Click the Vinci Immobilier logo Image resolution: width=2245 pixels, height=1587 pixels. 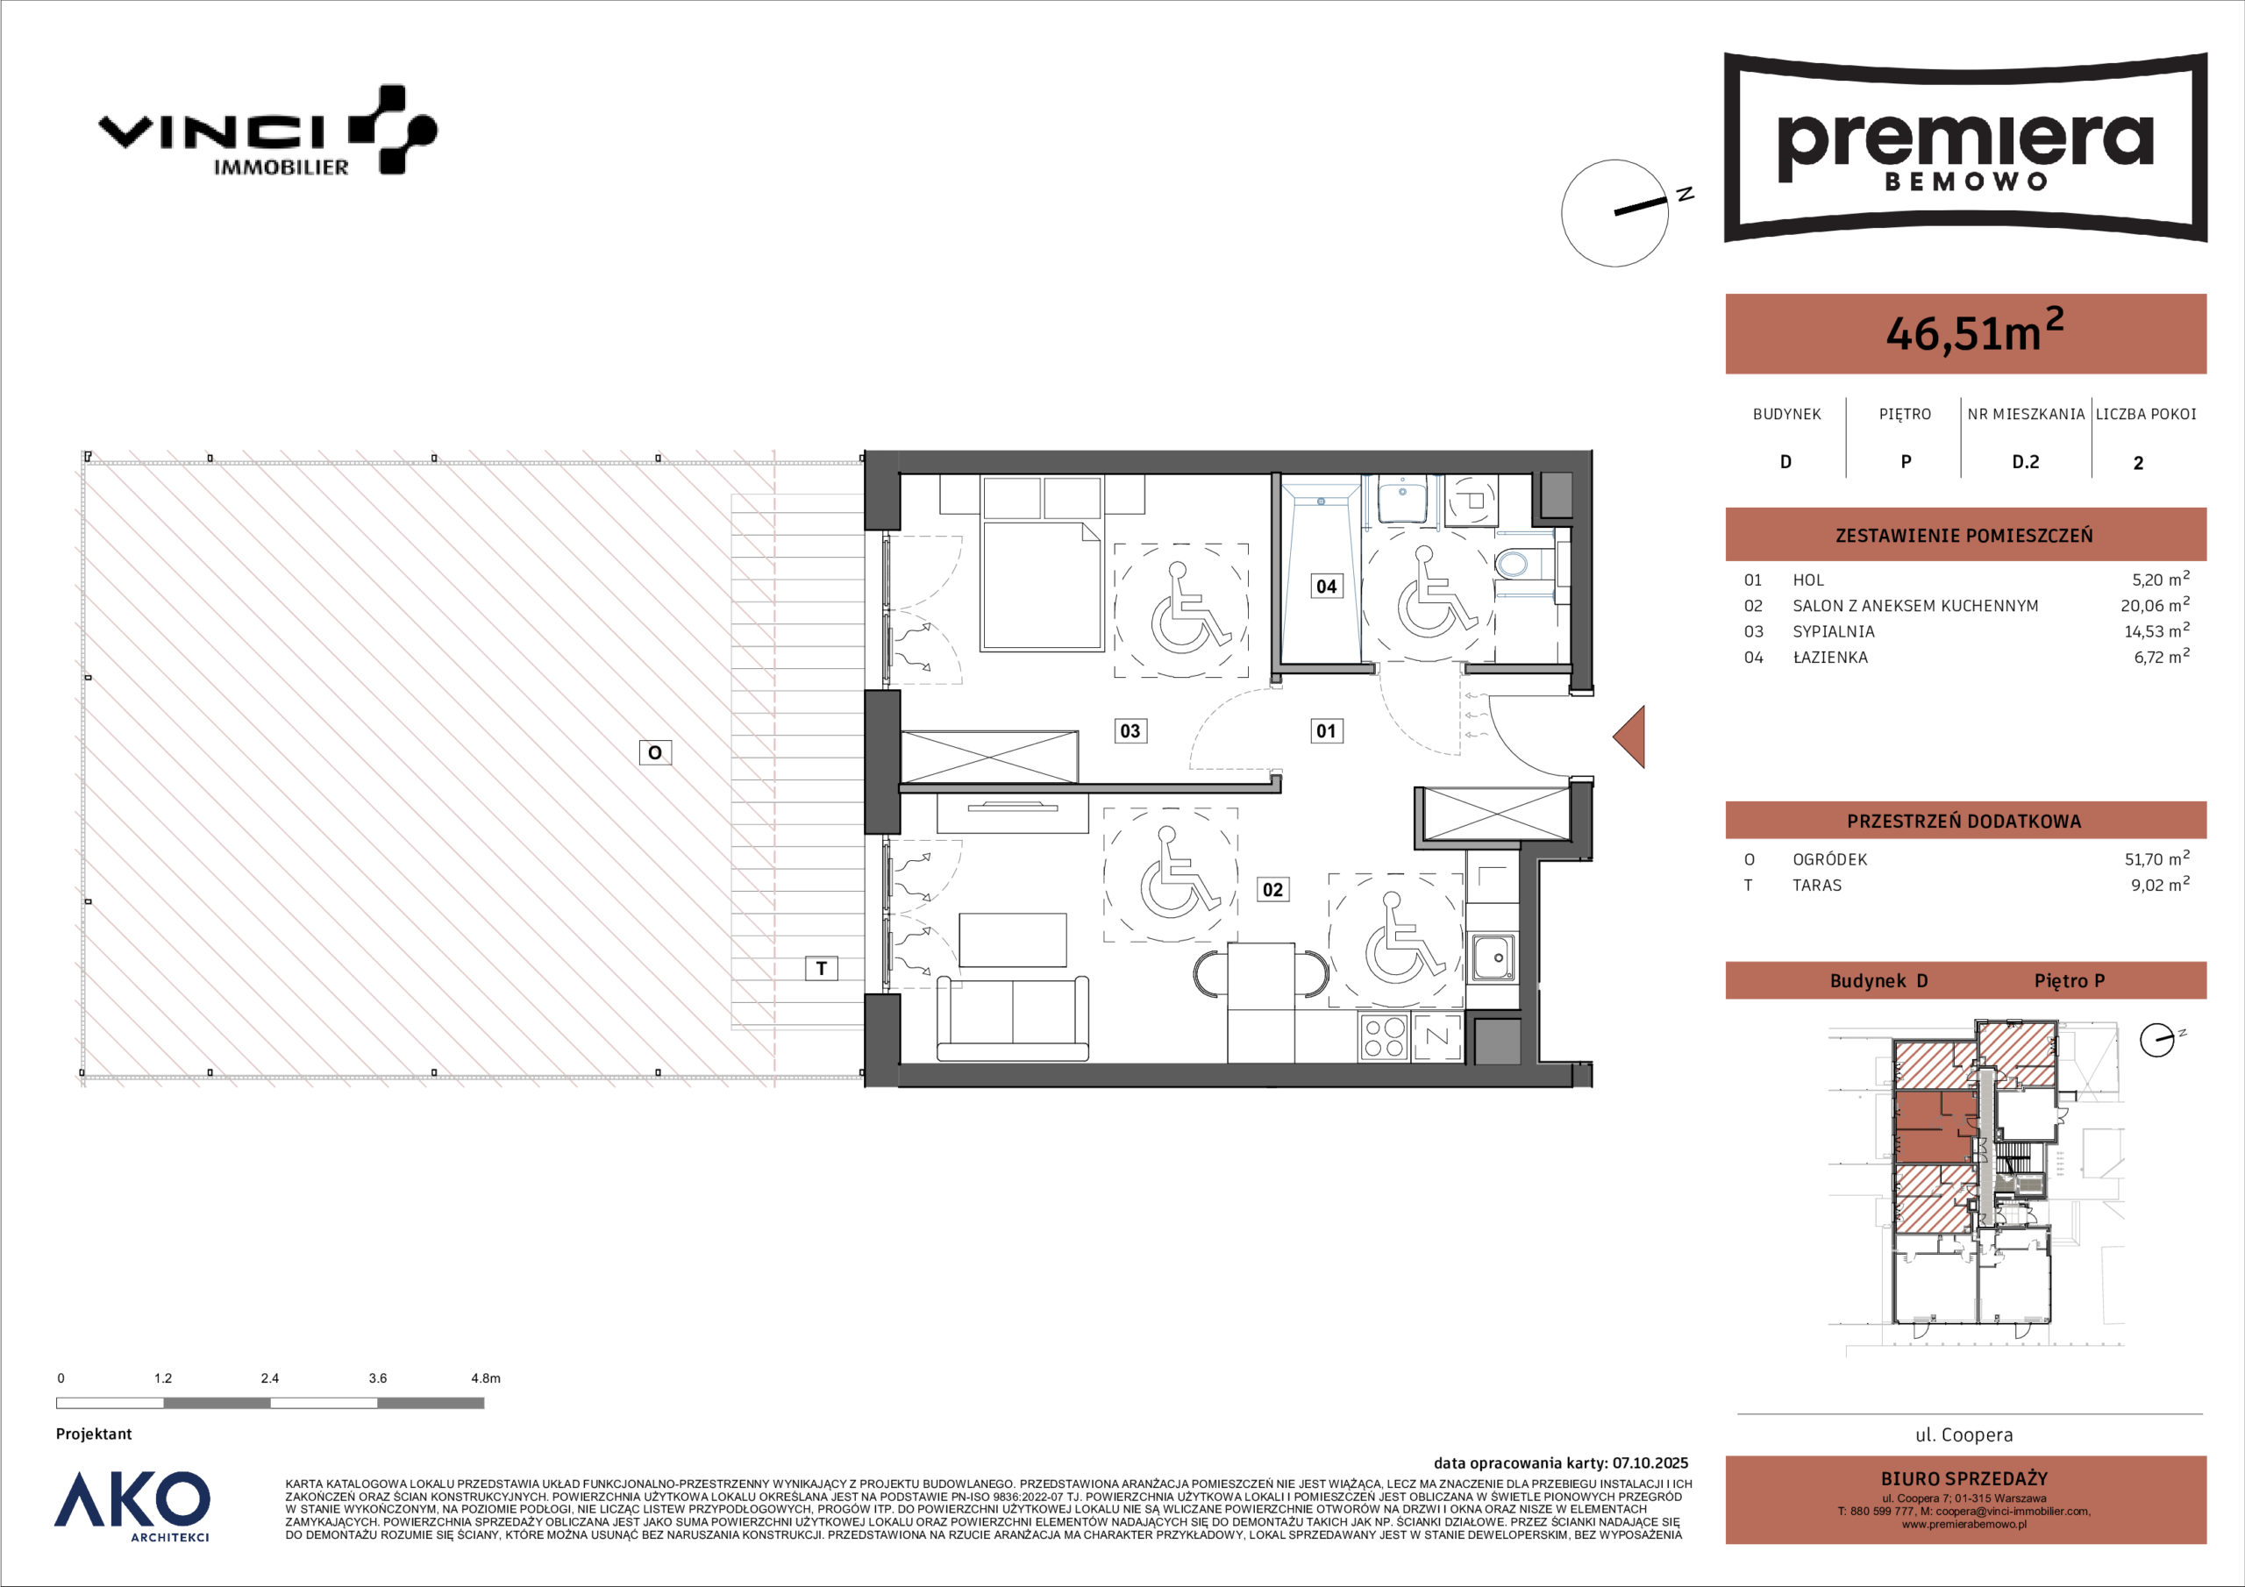click(x=267, y=131)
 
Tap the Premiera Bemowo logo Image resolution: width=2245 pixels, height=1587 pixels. click(x=1965, y=146)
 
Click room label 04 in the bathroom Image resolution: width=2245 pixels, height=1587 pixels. click(x=1326, y=586)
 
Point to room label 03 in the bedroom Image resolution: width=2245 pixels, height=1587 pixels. click(x=1130, y=730)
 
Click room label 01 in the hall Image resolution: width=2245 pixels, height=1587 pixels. click(x=1326, y=730)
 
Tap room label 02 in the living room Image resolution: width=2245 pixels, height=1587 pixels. click(x=1272, y=889)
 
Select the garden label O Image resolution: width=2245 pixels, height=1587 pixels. click(x=655, y=752)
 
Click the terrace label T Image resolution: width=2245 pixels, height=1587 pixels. click(x=822, y=968)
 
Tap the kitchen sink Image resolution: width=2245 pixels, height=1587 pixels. click(x=1493, y=956)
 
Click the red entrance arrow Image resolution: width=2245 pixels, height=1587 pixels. click(x=1629, y=737)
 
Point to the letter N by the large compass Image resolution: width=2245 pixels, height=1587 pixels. click(x=1685, y=195)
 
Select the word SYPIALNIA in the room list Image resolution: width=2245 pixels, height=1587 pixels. click(x=1834, y=631)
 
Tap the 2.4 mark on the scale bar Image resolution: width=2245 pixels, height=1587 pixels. click(x=270, y=1377)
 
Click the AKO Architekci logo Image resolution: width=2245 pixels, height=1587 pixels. click(x=132, y=1505)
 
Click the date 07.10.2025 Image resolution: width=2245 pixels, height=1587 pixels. click(x=1650, y=1463)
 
